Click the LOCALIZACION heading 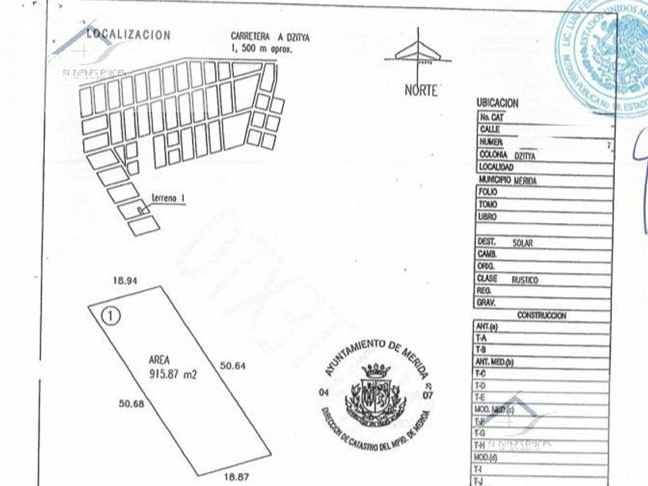pos(128,35)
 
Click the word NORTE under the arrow pos(420,90)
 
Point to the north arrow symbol pos(419,52)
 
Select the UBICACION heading pos(498,103)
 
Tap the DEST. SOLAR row pos(506,242)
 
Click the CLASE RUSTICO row pos(508,279)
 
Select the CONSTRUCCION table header pos(541,316)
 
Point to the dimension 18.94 pos(125,282)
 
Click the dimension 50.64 pos(233,366)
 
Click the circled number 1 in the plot pos(112,315)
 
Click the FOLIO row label pos(488,192)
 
